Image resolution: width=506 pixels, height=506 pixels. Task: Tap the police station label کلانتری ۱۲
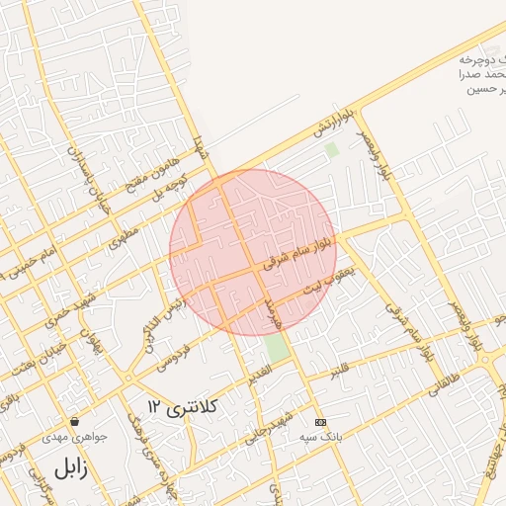[184, 406]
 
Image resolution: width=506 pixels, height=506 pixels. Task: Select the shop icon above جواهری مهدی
[73, 421]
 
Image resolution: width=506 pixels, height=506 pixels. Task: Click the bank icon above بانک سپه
[319, 421]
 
